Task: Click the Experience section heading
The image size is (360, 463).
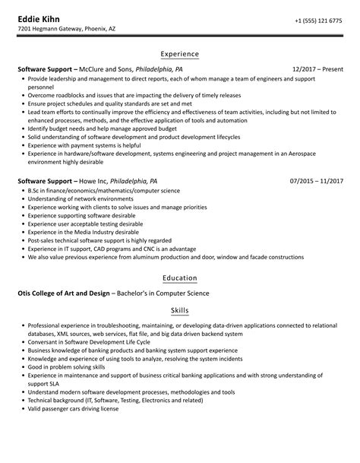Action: tap(179, 54)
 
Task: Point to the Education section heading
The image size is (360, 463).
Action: tap(179, 278)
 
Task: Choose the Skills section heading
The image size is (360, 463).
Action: tap(179, 311)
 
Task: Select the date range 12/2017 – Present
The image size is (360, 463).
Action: tap(317, 68)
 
